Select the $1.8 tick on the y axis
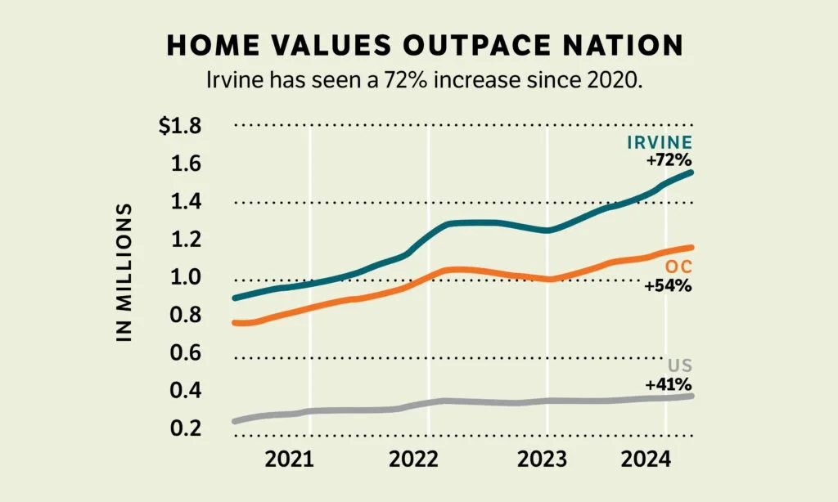(x=180, y=127)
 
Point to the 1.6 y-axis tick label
(x=185, y=164)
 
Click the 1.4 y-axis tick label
(x=185, y=202)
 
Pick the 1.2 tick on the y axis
(x=185, y=240)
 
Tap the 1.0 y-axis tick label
(x=185, y=277)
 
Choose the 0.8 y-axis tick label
(x=185, y=315)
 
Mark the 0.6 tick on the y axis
(x=185, y=353)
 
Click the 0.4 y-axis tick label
(x=185, y=391)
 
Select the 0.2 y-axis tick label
(x=185, y=428)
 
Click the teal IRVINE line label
(x=660, y=142)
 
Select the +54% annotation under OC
(x=669, y=286)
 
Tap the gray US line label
(x=680, y=365)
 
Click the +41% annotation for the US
(x=669, y=383)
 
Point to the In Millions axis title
(x=124, y=272)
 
